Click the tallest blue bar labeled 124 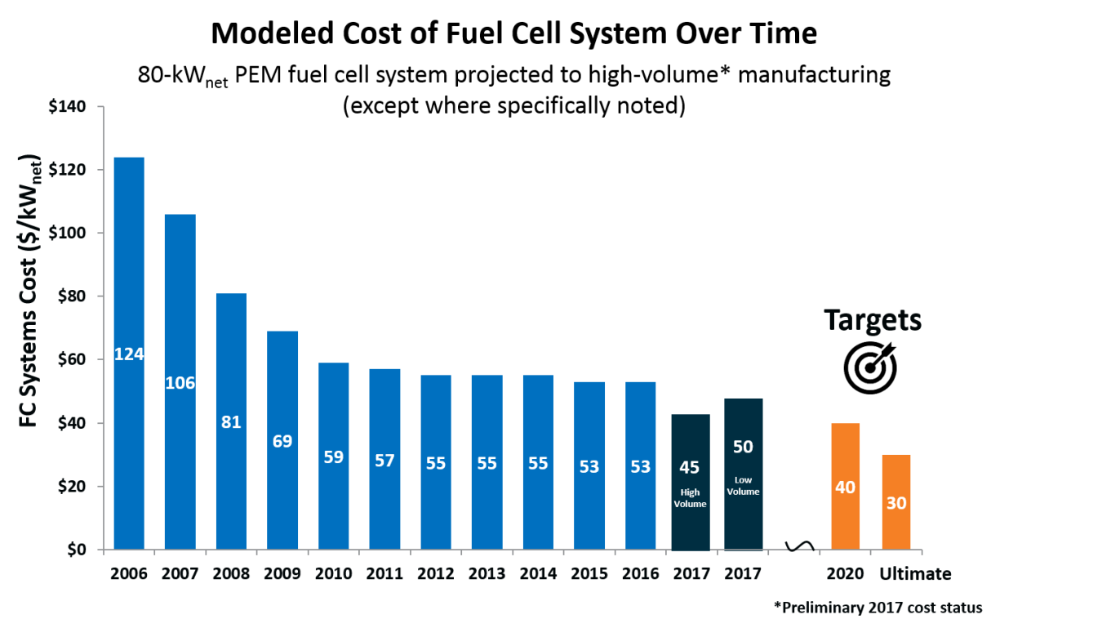tap(129, 245)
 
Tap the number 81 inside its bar tap(231, 422)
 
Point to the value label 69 tap(282, 442)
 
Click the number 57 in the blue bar tap(384, 461)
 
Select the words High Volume tap(691, 498)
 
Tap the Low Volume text tap(743, 486)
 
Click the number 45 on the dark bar tap(690, 467)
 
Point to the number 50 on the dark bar tap(743, 447)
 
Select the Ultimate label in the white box tap(915, 574)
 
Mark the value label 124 tap(129, 354)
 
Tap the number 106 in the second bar tap(180, 383)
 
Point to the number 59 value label tap(333, 457)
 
